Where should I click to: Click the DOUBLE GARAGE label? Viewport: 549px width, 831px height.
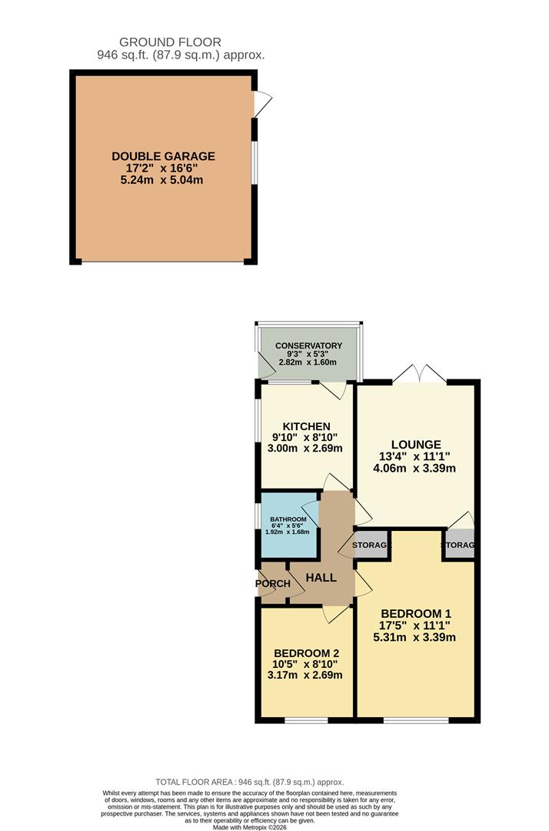163,156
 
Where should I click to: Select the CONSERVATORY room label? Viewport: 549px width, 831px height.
308,346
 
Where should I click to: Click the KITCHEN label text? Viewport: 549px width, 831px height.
306,426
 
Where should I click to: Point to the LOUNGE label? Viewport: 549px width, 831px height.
415,444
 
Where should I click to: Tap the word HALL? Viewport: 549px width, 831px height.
321,577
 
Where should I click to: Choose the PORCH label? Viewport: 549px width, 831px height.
273,583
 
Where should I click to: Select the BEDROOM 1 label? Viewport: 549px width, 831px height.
415,613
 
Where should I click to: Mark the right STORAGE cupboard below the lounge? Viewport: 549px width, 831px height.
459,546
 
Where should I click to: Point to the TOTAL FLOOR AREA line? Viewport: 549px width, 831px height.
250,781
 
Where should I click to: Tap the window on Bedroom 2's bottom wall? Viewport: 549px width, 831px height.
306,720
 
